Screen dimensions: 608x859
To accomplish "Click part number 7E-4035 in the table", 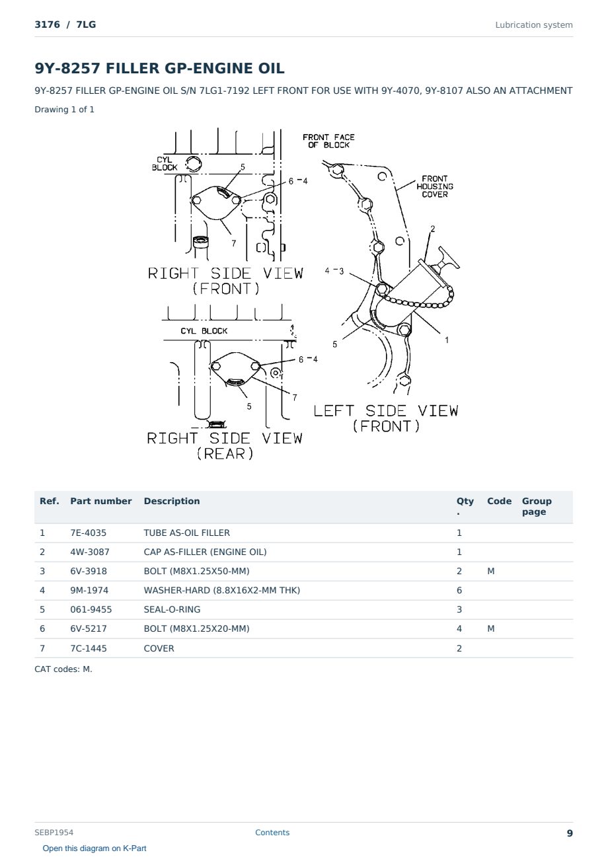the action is coord(88,533).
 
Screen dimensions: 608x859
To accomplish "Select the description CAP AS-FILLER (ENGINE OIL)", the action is coord(205,552).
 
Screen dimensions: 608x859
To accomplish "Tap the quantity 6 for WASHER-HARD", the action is coord(459,590).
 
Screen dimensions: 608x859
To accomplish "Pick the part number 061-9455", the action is coord(91,609).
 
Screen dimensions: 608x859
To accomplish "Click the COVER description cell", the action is coord(159,648).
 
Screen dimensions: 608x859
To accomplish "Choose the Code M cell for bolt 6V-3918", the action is coord(490,571).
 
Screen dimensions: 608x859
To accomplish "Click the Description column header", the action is coord(172,501).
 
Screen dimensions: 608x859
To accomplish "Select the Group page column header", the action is coord(537,506).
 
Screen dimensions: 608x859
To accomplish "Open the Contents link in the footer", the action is coord(272,832).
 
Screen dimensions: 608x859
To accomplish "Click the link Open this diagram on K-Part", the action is coord(95,848).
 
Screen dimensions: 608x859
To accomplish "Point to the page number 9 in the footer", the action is coord(570,833).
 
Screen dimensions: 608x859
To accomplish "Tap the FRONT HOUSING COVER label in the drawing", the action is coord(435,186).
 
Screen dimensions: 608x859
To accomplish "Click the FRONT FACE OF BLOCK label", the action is coord(328,141).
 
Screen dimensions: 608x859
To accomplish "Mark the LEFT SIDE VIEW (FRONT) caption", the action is coord(386,418).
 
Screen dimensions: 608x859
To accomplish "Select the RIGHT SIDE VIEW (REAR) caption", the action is coord(225,445).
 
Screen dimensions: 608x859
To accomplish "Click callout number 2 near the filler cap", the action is coord(433,229).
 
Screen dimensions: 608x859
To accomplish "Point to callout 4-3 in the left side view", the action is coord(334,271).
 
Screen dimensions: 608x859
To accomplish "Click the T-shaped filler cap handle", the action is coord(448,258).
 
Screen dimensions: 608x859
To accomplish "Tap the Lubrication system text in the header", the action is coord(534,25).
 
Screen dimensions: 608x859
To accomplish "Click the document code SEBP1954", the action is coord(54,832).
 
